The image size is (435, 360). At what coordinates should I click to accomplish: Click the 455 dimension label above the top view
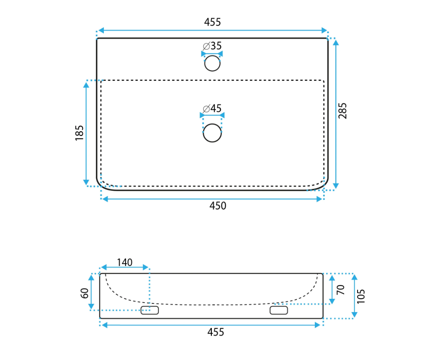pos(213,22)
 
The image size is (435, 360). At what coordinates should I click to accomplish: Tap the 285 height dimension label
pos(342,111)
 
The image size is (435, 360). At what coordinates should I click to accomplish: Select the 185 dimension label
pos(80,133)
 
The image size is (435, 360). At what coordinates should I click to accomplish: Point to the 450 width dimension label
pos(218,206)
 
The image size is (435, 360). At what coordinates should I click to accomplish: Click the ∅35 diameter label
pos(212,46)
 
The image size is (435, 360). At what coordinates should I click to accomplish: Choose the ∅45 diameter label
pos(212,108)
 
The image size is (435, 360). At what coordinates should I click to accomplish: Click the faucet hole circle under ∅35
pos(212,63)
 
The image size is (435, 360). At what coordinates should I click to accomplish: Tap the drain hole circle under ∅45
pos(212,133)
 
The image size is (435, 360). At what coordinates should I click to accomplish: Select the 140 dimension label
pos(125,262)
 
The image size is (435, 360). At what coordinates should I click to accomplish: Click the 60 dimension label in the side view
pos(85,293)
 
